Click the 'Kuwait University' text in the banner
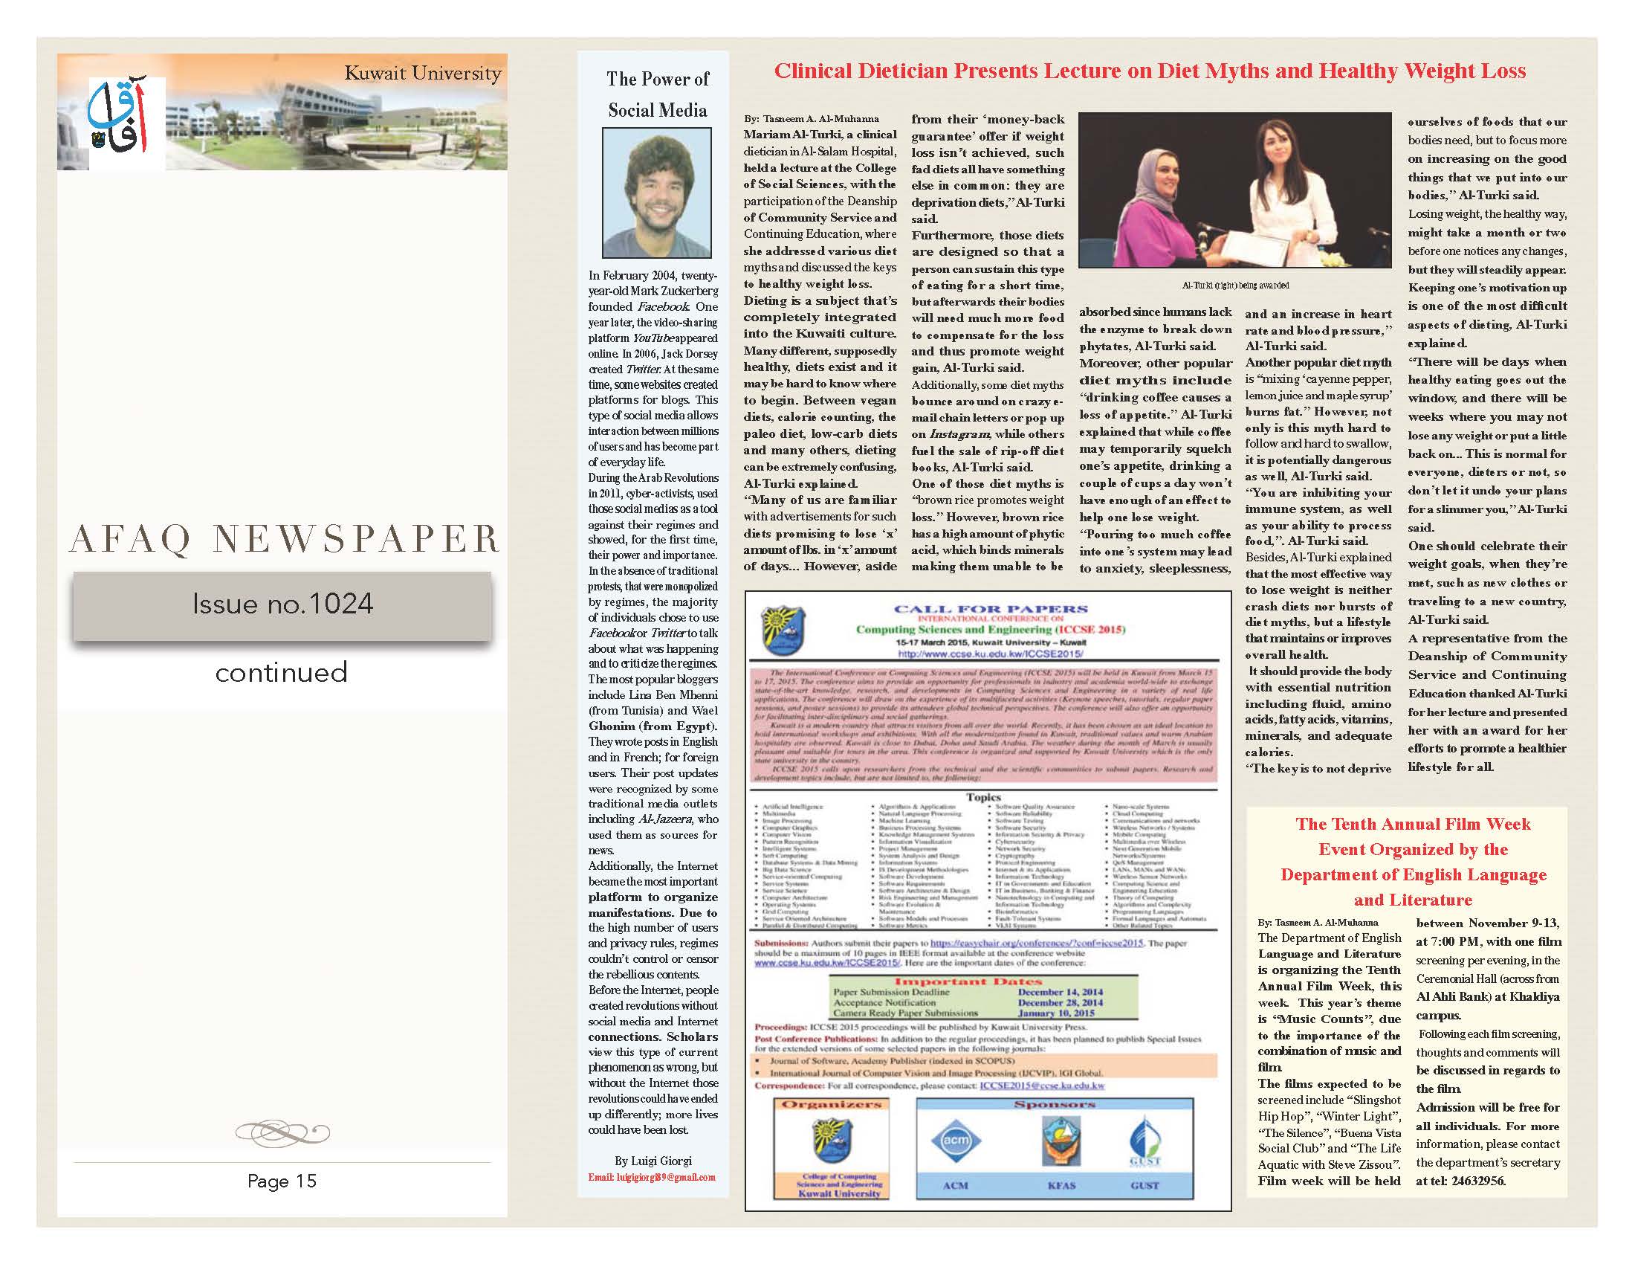point(422,74)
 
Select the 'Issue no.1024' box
point(282,604)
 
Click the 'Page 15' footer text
point(282,1181)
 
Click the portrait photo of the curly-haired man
point(656,193)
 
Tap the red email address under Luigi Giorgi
point(651,1177)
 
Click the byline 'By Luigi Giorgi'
point(653,1161)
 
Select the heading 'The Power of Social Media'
point(657,94)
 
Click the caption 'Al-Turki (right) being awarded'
point(1235,286)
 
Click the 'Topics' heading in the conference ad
point(984,798)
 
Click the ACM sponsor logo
point(954,1141)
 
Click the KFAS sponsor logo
point(1061,1141)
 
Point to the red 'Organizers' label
point(832,1104)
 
